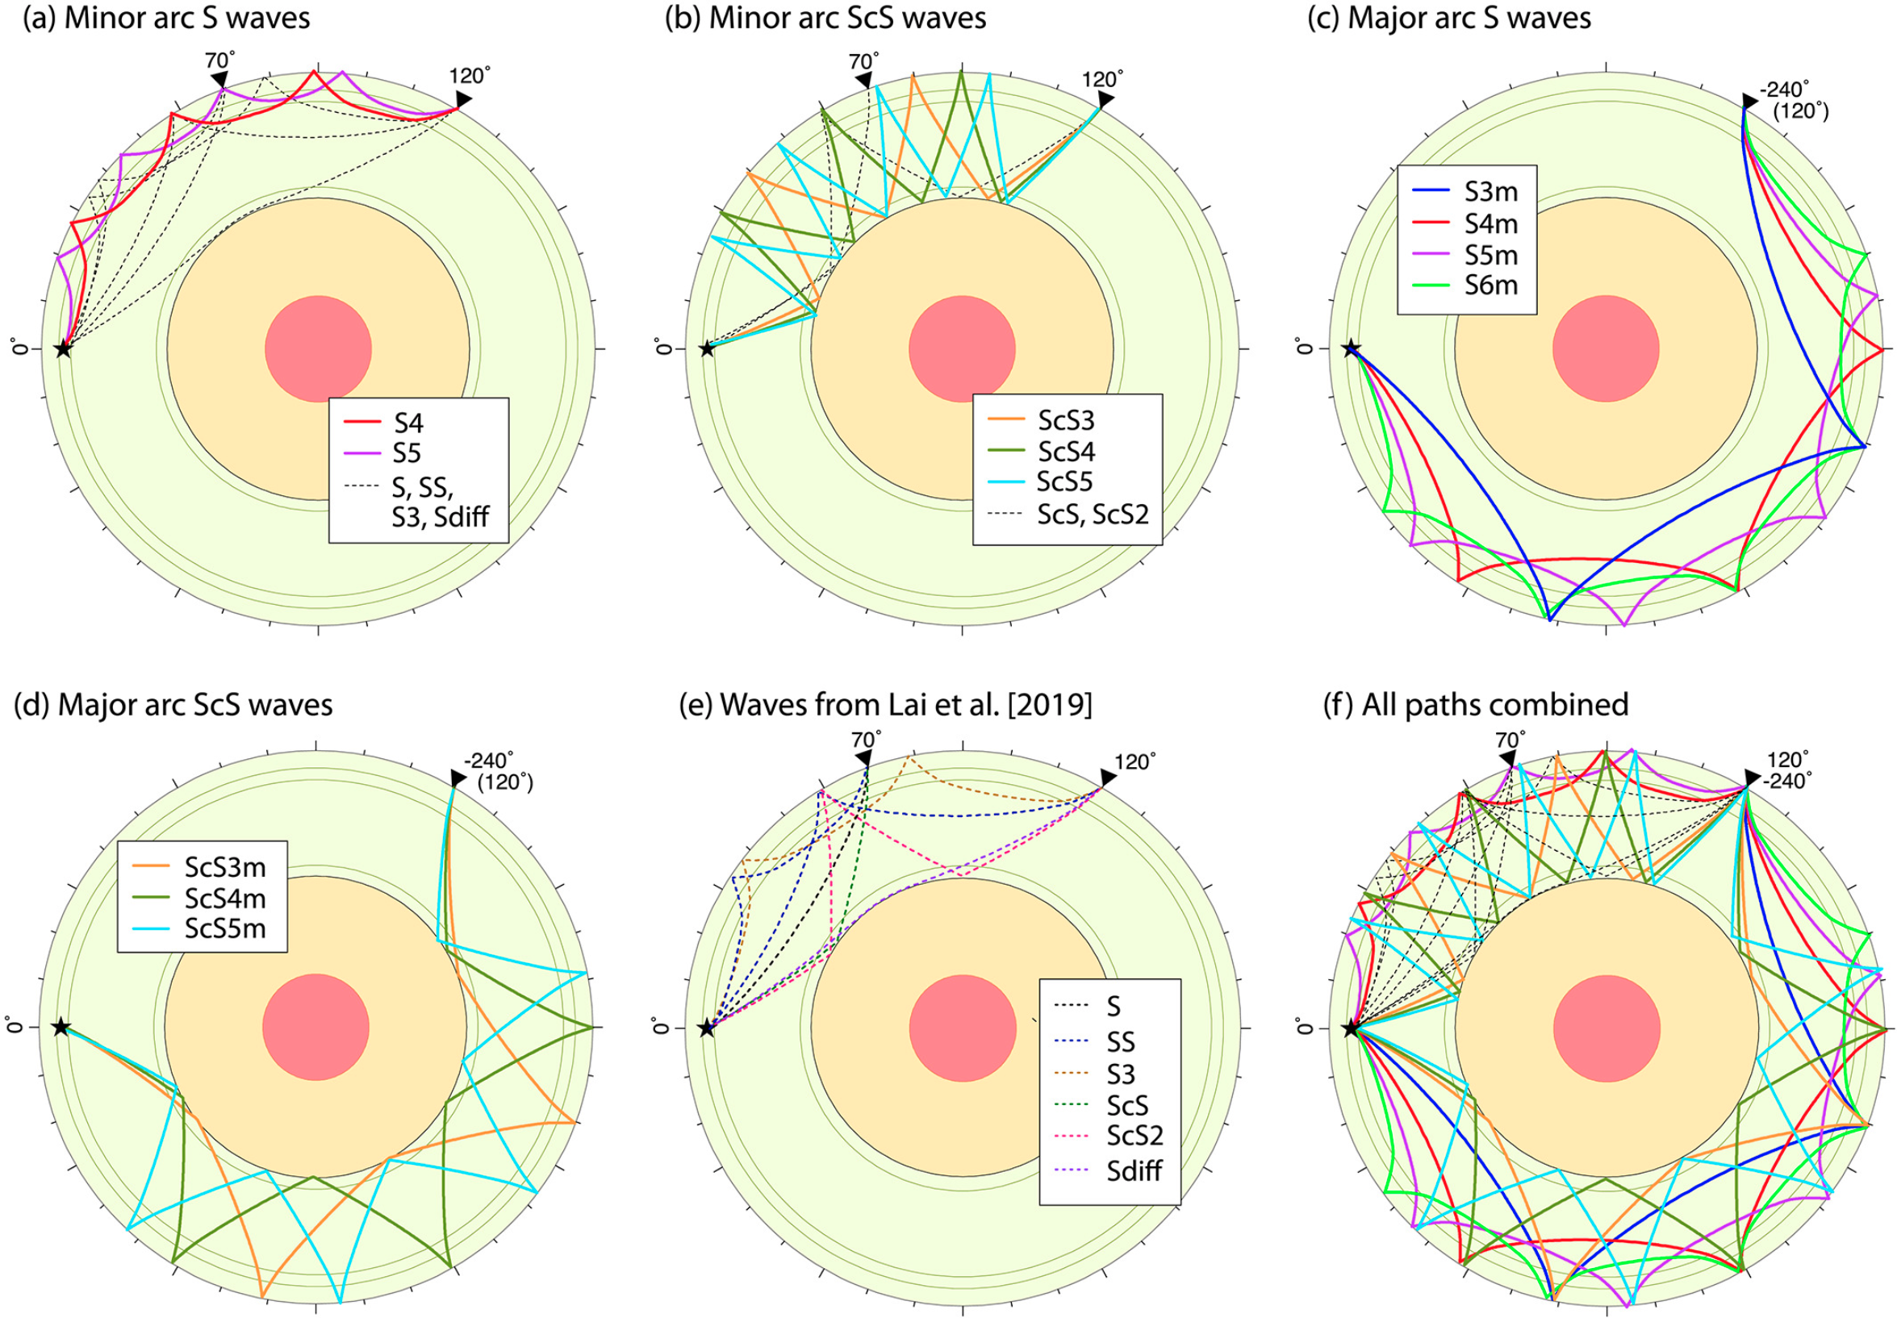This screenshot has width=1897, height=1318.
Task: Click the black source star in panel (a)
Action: pyautogui.click(x=63, y=348)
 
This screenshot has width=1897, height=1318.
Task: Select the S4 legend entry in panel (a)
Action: pyautogui.click(x=383, y=423)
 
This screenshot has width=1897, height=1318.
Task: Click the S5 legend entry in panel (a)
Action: pyautogui.click(x=383, y=454)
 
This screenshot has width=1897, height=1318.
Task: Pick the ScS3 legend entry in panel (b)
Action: pyautogui.click(x=1042, y=421)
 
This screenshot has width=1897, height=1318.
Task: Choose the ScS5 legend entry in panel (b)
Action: pyautogui.click(x=1042, y=482)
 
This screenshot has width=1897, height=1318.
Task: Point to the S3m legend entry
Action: pyautogui.click(x=1466, y=192)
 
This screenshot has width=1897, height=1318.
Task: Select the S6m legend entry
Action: pyautogui.click(x=1466, y=286)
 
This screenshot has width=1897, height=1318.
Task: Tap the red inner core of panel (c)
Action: pyautogui.click(x=1606, y=349)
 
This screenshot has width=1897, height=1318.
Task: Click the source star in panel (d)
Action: pyautogui.click(x=61, y=1028)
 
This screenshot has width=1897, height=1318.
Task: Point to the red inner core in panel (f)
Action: pyautogui.click(x=1607, y=1028)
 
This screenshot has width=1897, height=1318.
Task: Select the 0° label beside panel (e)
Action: pyautogui.click(x=660, y=1027)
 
